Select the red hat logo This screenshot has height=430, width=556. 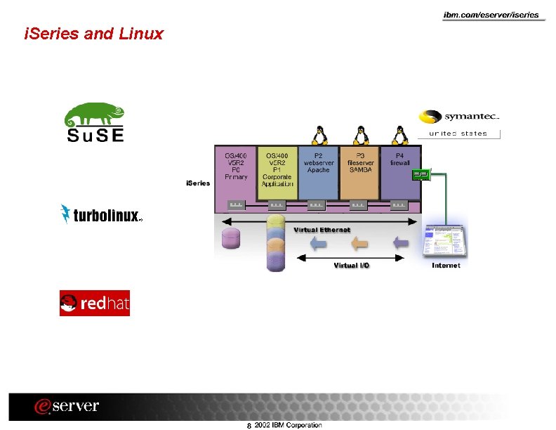95,304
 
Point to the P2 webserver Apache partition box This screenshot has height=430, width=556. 318,172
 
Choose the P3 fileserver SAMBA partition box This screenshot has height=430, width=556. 359,172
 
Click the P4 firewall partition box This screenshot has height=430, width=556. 399,172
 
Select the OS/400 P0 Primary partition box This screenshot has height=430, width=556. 236,172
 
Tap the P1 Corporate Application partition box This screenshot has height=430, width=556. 277,172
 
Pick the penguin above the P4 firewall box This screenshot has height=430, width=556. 401,134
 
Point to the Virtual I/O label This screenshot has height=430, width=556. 351,266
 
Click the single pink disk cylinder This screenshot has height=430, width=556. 231,239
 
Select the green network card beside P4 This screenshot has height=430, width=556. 421,174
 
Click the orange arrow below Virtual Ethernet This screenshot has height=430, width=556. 359,244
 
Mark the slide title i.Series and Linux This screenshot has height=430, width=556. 93,33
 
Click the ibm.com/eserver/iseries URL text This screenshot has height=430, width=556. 491,15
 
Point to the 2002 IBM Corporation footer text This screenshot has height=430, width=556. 288,424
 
